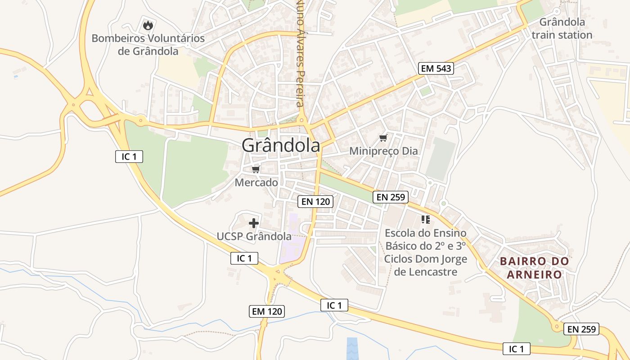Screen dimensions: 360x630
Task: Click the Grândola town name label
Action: pyautogui.click(x=281, y=145)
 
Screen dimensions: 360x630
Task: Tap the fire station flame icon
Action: pyautogui.click(x=148, y=26)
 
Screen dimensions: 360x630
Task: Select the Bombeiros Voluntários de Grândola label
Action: pyautogui.click(x=148, y=45)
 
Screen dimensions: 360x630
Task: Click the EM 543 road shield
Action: pyautogui.click(x=436, y=68)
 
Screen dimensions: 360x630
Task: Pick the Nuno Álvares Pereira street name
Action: pyautogui.click(x=300, y=54)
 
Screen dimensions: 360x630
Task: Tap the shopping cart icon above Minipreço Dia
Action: pyautogui.click(x=383, y=138)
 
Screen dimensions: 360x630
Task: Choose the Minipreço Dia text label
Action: pyautogui.click(x=383, y=151)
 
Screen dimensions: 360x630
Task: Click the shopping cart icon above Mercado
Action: pyautogui.click(x=256, y=169)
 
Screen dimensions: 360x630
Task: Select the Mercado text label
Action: pyautogui.click(x=256, y=183)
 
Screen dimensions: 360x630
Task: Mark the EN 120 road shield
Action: pyautogui.click(x=315, y=202)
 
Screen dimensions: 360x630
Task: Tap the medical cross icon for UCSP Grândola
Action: pyautogui.click(x=254, y=223)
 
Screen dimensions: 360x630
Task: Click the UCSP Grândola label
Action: pyautogui.click(x=254, y=236)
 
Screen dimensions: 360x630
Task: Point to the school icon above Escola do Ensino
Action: pyautogui.click(x=425, y=220)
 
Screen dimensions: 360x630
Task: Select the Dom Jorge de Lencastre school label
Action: pyautogui.click(x=425, y=252)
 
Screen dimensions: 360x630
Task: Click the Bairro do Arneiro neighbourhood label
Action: pyautogui.click(x=534, y=268)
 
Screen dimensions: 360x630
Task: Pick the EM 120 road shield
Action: pyautogui.click(x=267, y=311)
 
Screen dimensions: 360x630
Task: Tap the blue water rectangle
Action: pyautogui.click(x=352, y=348)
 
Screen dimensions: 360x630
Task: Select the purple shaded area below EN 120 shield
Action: pyautogui.click(x=292, y=243)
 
